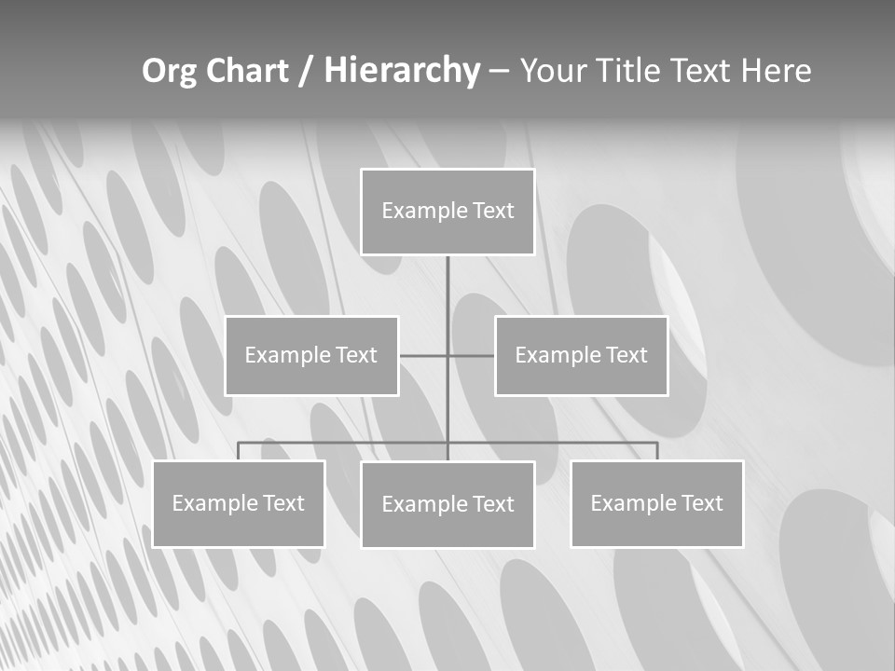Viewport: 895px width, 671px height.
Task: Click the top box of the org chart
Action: coord(447,212)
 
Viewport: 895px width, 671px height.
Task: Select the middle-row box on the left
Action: coord(311,355)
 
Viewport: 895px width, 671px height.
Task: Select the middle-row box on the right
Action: coord(581,355)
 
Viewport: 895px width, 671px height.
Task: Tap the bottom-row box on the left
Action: coord(238,503)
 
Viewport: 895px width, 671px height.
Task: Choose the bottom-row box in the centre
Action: coord(447,504)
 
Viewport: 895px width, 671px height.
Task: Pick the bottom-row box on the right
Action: coord(656,503)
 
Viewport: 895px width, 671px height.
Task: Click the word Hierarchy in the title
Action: coord(401,71)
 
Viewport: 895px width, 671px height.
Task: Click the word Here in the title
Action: coord(776,71)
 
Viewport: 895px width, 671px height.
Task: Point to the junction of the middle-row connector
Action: coord(447,355)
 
